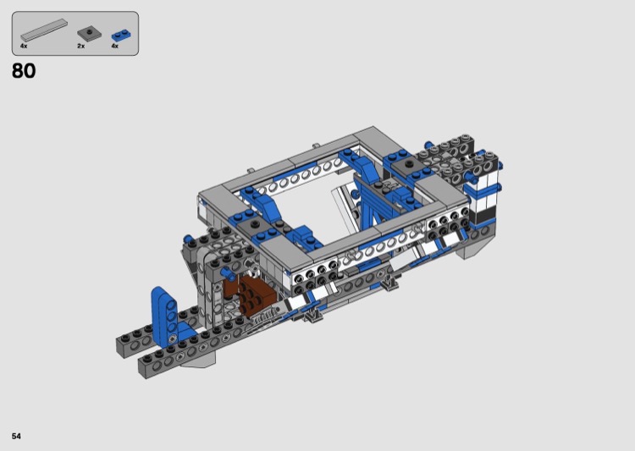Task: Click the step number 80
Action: coord(24,71)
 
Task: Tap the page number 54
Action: coord(16,436)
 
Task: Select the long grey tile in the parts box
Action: coord(44,30)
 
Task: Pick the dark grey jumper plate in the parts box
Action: coord(89,33)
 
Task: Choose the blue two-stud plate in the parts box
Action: coord(121,36)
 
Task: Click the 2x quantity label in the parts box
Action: coord(81,47)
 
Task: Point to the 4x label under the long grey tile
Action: coord(24,47)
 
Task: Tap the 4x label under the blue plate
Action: coord(115,47)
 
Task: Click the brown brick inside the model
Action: coord(249,294)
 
